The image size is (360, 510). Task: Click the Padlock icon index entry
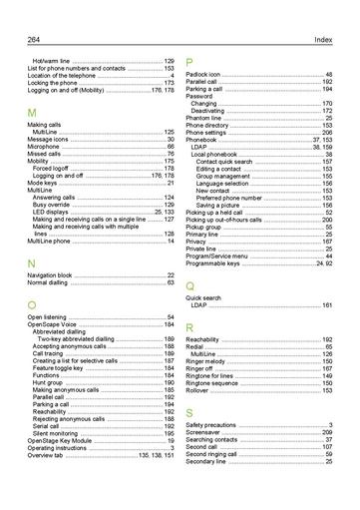(208, 75)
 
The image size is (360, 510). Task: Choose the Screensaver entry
(203, 431)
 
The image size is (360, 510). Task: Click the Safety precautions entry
(211, 424)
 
